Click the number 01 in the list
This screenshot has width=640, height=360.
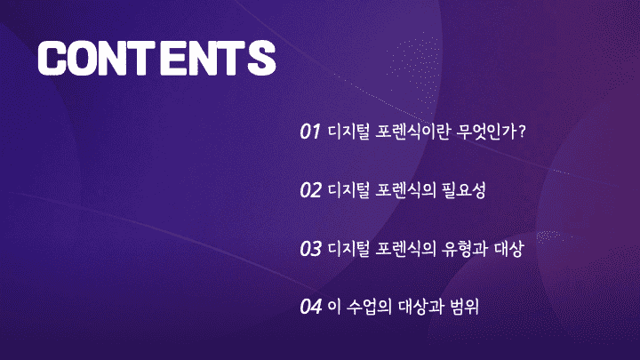(x=310, y=132)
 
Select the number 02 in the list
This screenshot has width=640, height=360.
(x=310, y=190)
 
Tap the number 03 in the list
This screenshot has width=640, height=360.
(x=310, y=249)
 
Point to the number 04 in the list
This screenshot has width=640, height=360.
(x=311, y=307)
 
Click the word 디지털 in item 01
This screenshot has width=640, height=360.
(x=349, y=132)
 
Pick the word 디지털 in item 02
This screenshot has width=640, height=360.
(x=349, y=190)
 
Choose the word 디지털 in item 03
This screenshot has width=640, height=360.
(x=349, y=249)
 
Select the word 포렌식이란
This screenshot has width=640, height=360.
(x=412, y=132)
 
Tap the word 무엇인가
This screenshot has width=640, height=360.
(x=486, y=132)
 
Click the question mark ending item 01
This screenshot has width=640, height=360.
(x=521, y=132)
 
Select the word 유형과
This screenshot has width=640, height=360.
(x=465, y=249)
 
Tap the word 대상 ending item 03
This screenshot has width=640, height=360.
(x=508, y=249)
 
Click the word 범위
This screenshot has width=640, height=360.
(x=464, y=307)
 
